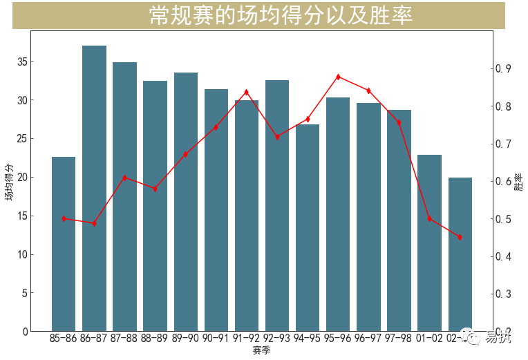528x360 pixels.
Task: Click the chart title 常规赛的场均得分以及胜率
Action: tap(281, 16)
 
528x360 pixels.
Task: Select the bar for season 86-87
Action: tap(94, 188)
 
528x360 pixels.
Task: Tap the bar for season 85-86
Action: tap(64, 244)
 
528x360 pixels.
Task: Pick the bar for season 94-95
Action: tap(308, 227)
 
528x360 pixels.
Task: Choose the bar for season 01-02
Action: tap(429, 243)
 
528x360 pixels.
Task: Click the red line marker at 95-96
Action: tap(338, 77)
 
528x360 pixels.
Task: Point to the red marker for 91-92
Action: tap(247, 92)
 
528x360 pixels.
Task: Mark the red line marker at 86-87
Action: tap(94, 223)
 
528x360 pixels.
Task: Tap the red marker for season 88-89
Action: tap(155, 189)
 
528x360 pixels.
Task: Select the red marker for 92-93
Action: tap(277, 137)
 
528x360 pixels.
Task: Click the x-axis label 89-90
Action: tap(185, 339)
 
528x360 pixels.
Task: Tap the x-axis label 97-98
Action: tap(399, 339)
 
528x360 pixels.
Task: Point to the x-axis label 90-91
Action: tap(216, 339)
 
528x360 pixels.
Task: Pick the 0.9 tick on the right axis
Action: tap(502, 68)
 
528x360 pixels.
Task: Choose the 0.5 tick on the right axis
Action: tap(502, 219)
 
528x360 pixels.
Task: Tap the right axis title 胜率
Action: tap(519, 181)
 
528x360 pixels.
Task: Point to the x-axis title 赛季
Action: tap(262, 351)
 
